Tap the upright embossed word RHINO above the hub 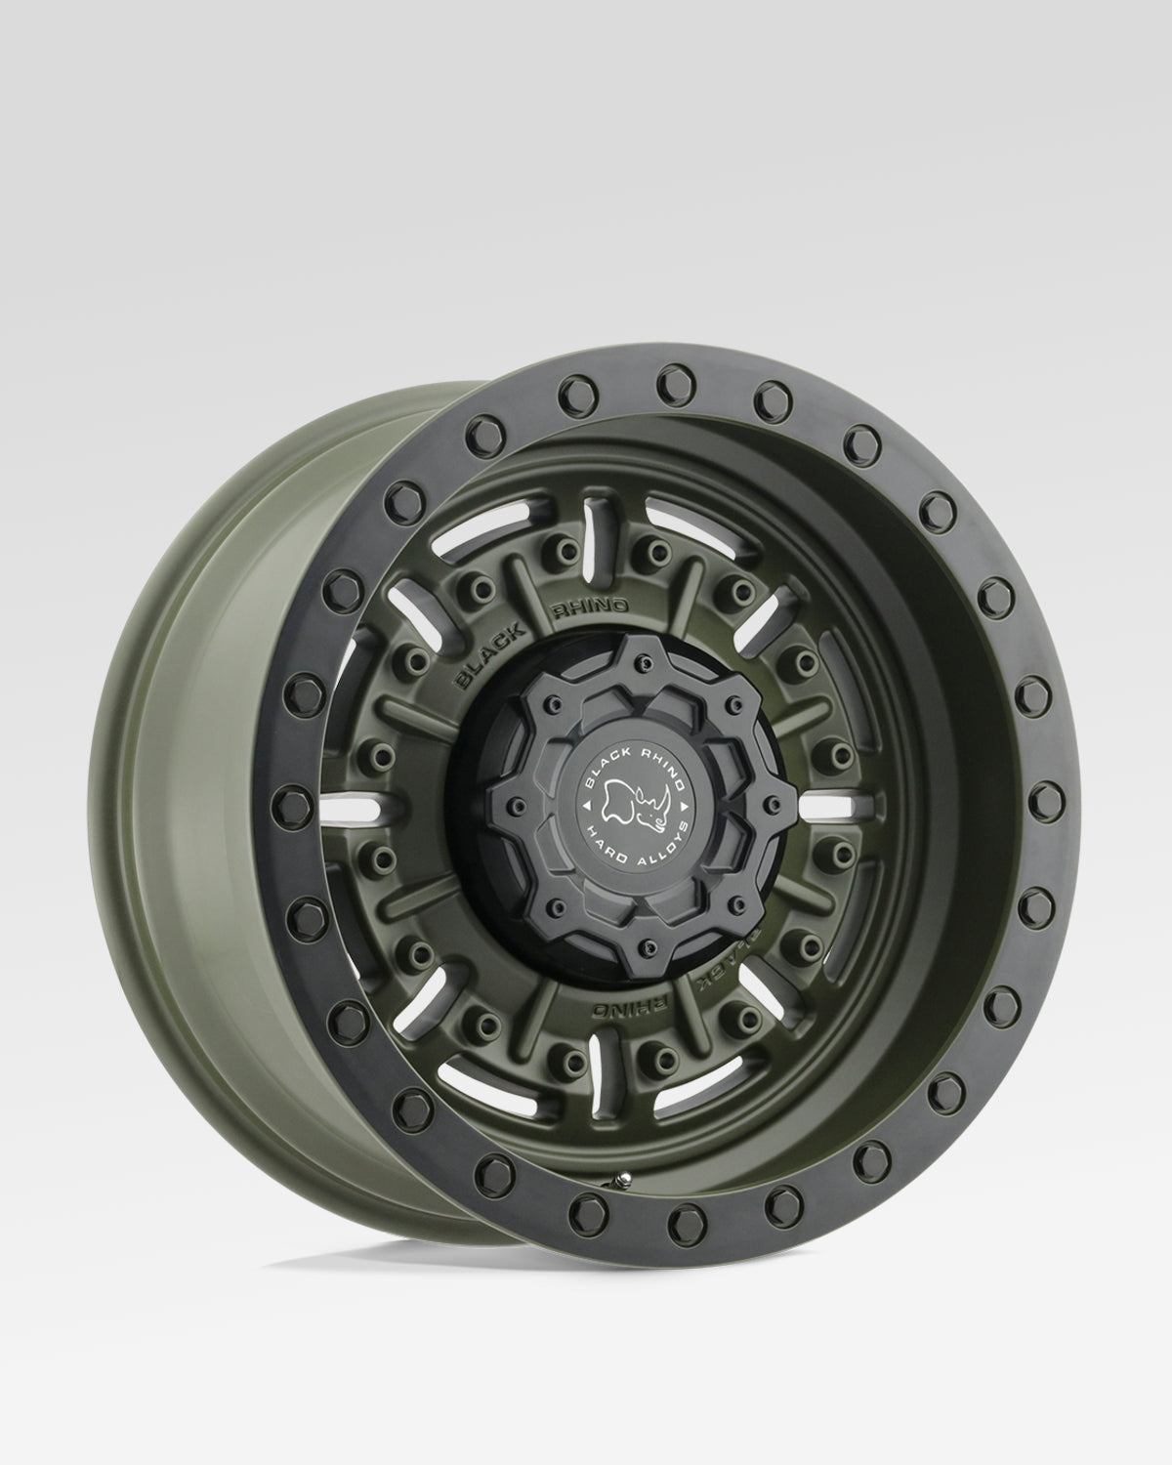590,607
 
